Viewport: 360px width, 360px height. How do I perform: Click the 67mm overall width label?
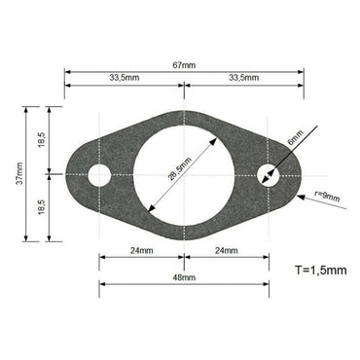click(x=183, y=64)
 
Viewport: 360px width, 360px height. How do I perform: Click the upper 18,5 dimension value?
click(x=41, y=141)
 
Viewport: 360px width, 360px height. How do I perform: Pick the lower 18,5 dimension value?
click(x=41, y=207)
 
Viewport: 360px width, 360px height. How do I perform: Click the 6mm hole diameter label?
click(x=296, y=139)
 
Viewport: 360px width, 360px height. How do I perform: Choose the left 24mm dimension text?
click(x=140, y=251)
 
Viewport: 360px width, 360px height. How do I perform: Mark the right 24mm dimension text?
click(x=226, y=251)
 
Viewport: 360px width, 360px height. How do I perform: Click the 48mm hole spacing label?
click(x=183, y=276)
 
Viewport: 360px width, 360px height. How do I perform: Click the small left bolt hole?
click(x=98, y=175)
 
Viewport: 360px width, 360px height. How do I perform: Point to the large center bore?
click(x=183, y=175)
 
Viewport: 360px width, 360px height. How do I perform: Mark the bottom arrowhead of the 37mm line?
click(x=23, y=239)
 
